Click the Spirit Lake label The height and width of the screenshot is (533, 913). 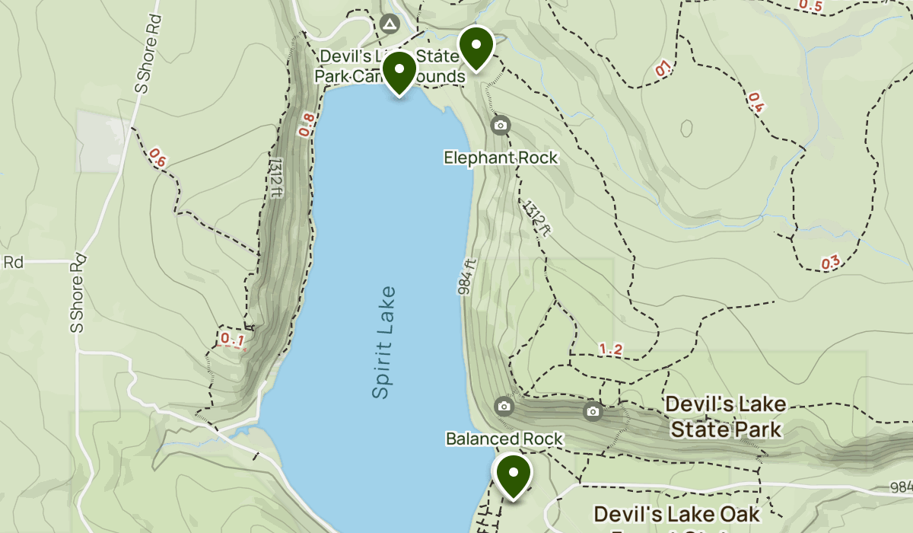pyautogui.click(x=384, y=342)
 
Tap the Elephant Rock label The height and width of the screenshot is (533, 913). pyautogui.click(x=501, y=158)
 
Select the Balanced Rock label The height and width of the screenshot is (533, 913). pyautogui.click(x=504, y=439)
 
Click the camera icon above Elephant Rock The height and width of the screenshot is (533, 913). pyautogui.click(x=500, y=125)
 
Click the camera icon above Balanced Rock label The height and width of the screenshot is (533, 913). pyautogui.click(x=504, y=406)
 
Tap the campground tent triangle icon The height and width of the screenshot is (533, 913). pyautogui.click(x=390, y=25)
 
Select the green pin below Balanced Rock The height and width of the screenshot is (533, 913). pyautogui.click(x=514, y=474)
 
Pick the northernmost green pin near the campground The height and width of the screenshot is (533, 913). pyautogui.click(x=476, y=46)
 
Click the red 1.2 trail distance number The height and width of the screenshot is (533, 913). pyautogui.click(x=610, y=349)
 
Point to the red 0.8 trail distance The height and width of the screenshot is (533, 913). pyautogui.click(x=307, y=125)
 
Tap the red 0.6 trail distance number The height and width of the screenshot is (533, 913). pyautogui.click(x=157, y=158)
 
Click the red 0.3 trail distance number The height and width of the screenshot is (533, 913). pyautogui.click(x=831, y=263)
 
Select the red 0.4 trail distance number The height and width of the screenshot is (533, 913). pyautogui.click(x=756, y=102)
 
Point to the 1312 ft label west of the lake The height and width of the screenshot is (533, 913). pyautogui.click(x=275, y=177)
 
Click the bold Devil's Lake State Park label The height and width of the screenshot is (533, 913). pyautogui.click(x=724, y=417)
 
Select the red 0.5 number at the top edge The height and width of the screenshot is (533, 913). pyautogui.click(x=810, y=6)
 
